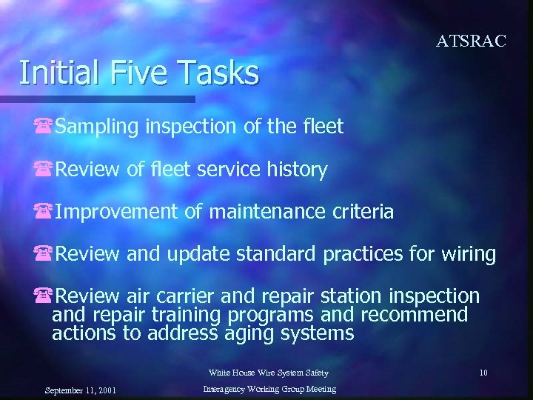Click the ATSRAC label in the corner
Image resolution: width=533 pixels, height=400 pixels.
coord(471,41)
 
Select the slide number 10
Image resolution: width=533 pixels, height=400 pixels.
coord(483,373)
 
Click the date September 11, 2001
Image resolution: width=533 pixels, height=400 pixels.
coord(79,390)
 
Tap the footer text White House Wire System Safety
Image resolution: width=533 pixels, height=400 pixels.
coord(268,373)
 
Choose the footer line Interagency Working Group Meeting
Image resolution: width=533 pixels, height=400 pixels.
coord(269,390)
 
